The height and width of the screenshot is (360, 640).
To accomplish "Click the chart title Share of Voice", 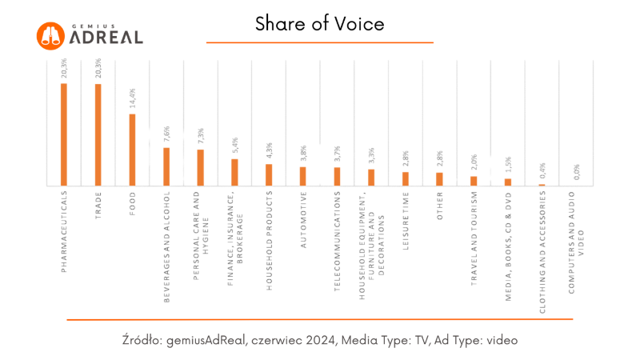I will click(x=320, y=24).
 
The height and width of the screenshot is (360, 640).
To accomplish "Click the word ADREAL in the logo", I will click(x=106, y=38).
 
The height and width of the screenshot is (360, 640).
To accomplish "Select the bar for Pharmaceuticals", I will click(x=64, y=134).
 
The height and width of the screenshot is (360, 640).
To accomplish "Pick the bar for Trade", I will click(x=98, y=134).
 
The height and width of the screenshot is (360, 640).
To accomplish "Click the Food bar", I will click(x=132, y=150).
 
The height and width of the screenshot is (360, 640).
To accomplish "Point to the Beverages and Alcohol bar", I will click(x=166, y=166).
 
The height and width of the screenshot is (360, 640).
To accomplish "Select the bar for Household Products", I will click(x=269, y=174).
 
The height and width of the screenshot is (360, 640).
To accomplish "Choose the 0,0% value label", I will click(x=576, y=173).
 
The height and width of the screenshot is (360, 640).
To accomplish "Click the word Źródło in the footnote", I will click(x=142, y=340).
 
